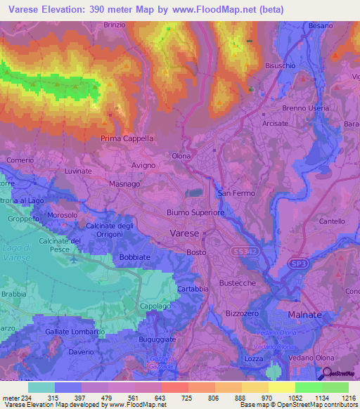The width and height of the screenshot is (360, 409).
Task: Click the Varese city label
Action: (x=185, y=233)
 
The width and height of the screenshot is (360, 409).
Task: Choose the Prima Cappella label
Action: (x=127, y=138)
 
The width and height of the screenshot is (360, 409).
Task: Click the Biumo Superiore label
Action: (x=195, y=212)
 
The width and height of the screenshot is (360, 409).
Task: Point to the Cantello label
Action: (x=332, y=221)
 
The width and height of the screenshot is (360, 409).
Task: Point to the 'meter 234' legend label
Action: (x=16, y=398)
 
